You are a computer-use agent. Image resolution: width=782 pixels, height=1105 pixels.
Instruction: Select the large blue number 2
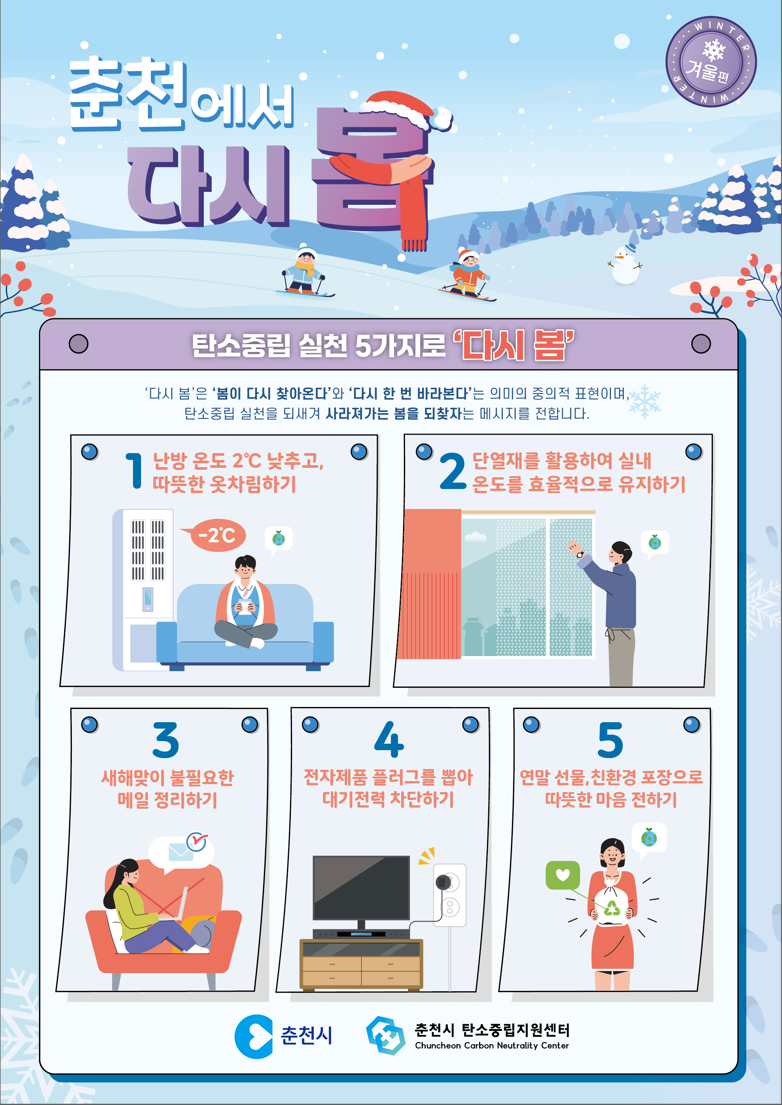coord(453,471)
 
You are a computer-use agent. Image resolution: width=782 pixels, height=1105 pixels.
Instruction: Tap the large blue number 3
coord(165,739)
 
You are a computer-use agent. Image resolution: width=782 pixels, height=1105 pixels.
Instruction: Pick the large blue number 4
coord(389,739)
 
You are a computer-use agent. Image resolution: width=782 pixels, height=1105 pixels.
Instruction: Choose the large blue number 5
coord(610,740)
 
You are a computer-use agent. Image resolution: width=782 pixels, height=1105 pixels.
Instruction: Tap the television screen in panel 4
coord(361,887)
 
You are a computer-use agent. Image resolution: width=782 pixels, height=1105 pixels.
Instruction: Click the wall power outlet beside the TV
coord(450,895)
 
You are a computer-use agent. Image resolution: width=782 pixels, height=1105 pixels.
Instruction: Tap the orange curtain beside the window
coord(428,584)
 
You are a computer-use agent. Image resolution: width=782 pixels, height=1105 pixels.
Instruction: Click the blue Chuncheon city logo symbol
coord(254,1036)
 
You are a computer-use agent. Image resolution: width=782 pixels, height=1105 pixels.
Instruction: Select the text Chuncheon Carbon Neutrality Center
coord(492,1045)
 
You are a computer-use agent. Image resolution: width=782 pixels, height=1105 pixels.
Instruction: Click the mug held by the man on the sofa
coord(245,606)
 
